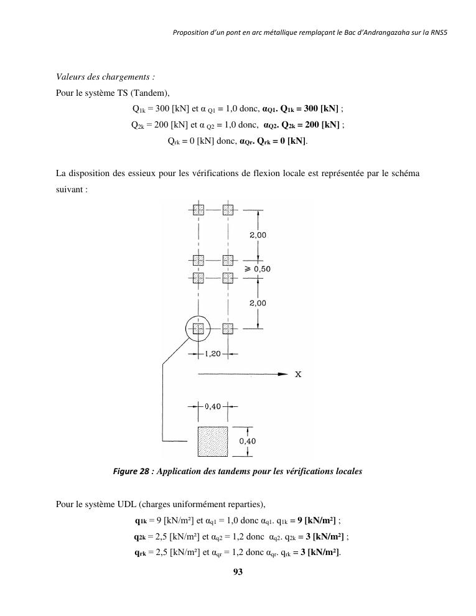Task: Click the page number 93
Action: (x=237, y=572)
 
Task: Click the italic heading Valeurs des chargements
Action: (x=105, y=77)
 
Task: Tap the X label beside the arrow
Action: (x=299, y=375)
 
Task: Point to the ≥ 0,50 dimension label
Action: (x=257, y=269)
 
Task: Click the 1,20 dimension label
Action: (x=213, y=354)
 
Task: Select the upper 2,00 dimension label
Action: (x=258, y=235)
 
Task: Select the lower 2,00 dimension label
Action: (x=258, y=303)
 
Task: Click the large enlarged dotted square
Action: (x=213, y=442)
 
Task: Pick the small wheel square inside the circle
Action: (x=198, y=329)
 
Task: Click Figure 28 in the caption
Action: (x=131, y=472)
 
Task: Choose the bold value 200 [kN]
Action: (x=320, y=124)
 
